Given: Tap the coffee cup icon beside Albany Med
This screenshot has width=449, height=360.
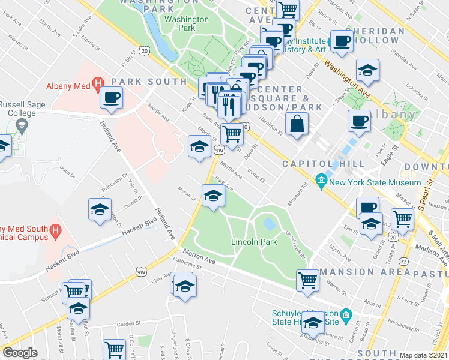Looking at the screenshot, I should tap(111, 97).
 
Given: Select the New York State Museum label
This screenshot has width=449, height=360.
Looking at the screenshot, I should tap(375, 182).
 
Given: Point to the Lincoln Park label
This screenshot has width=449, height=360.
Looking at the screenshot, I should tap(254, 242).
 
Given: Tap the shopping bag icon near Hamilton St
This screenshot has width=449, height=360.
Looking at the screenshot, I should tap(298, 124).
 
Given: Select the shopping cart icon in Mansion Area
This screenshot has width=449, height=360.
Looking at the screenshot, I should tap(307, 280).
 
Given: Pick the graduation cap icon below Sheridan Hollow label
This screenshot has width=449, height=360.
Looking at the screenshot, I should tap(367, 71).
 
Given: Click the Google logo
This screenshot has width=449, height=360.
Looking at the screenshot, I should tap(20, 353).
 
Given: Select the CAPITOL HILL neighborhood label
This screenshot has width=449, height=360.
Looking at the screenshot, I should tap(323, 163).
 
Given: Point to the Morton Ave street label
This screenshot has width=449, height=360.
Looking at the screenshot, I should tap(199, 256).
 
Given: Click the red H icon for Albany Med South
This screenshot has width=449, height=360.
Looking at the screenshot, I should tap(55, 229).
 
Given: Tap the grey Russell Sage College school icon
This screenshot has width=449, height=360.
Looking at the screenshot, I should tap(23, 126).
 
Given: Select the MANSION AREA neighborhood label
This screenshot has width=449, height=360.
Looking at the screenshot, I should tap(355, 272).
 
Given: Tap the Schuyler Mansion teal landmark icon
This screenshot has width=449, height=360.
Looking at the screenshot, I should tap(345, 315).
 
